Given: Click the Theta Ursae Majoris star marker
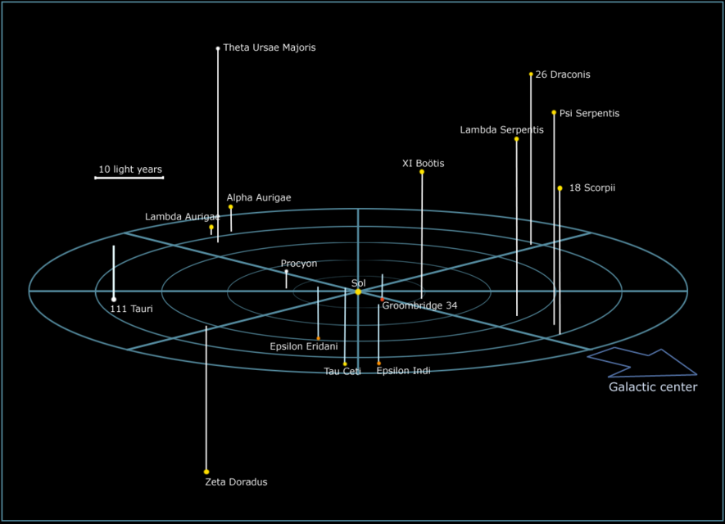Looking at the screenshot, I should point(218,48).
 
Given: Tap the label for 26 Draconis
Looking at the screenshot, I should point(563,75).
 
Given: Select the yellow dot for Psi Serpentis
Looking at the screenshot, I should point(554,113).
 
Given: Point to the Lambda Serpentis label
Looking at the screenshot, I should point(501,130).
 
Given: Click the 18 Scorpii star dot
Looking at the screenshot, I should point(560,188).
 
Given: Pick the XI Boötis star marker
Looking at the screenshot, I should point(422,172).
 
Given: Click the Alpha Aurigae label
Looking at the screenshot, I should point(259,198).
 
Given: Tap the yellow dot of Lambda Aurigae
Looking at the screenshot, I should point(211,228).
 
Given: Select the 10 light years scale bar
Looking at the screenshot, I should point(129,177).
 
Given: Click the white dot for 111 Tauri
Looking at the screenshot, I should point(114,299).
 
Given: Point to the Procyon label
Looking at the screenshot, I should point(299,264).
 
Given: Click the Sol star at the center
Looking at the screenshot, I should point(358,291).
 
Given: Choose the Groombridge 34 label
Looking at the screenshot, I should point(419,306).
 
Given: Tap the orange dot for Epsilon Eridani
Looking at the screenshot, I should point(319,338).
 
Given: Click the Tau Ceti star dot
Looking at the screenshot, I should point(345,364).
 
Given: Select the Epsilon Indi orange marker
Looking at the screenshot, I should point(378,363).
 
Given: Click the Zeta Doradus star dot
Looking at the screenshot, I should point(206,472).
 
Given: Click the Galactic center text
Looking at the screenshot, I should point(653,387).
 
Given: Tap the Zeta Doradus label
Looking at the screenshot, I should point(236,482).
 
